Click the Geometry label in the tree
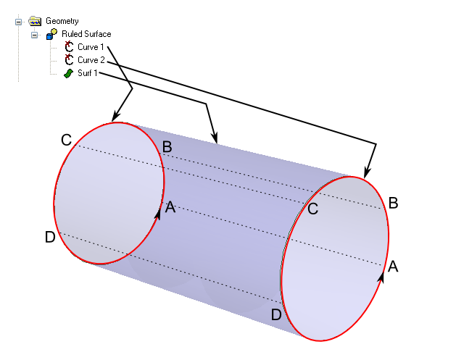[x=62, y=22]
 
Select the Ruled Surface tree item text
[x=86, y=34]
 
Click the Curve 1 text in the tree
[x=91, y=47]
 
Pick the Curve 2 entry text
[x=91, y=60]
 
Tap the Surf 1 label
[x=87, y=73]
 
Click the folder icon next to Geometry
[x=35, y=22]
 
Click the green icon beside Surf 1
[x=68, y=73]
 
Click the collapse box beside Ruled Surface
[x=34, y=34]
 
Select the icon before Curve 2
[x=69, y=59]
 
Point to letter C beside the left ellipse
[x=66, y=140]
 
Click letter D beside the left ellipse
[x=50, y=237]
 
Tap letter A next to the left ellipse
[x=170, y=207]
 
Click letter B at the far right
[x=394, y=203]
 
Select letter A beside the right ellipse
[x=393, y=266]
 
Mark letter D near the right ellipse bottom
[x=275, y=315]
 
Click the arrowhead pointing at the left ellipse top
[x=114, y=117]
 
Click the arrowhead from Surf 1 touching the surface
[x=215, y=138]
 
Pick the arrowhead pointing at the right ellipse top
[x=367, y=172]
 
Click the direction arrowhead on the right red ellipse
[x=382, y=277]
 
